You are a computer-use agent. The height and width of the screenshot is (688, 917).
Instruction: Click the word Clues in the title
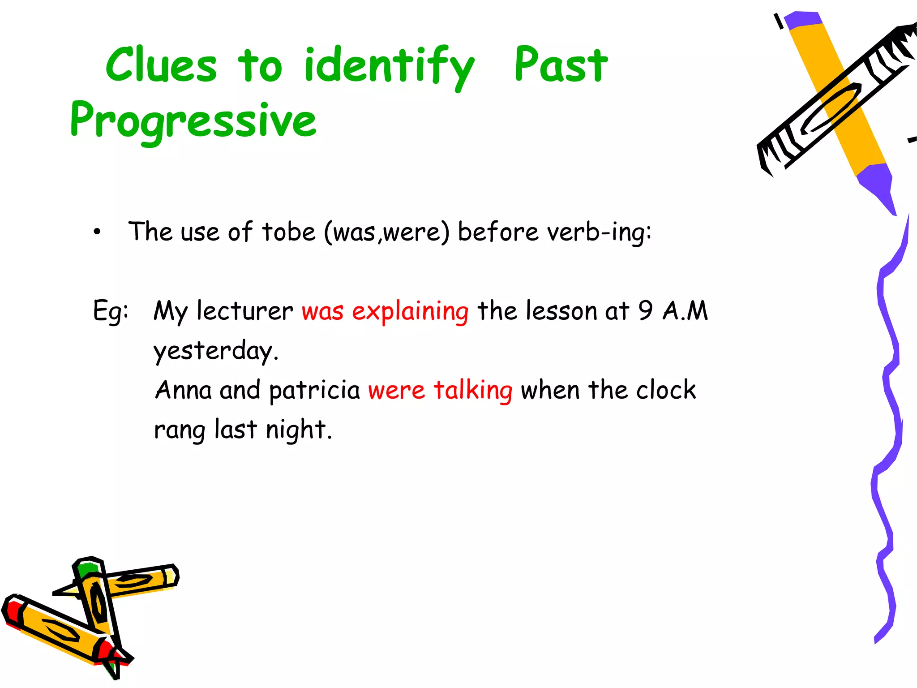click(x=161, y=65)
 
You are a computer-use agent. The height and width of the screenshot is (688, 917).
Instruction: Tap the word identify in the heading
click(x=389, y=67)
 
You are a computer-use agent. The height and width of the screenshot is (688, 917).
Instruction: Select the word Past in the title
click(x=561, y=65)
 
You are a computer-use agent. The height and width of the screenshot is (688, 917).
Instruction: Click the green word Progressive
click(x=193, y=120)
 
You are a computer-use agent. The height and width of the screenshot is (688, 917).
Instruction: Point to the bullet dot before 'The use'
click(x=97, y=232)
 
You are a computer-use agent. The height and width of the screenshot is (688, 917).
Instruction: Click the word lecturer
click(x=245, y=311)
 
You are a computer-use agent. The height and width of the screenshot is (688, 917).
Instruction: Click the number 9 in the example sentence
click(x=645, y=311)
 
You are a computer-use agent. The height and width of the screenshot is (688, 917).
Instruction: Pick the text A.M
click(x=686, y=311)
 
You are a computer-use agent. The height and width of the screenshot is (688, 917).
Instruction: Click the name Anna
click(x=184, y=390)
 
